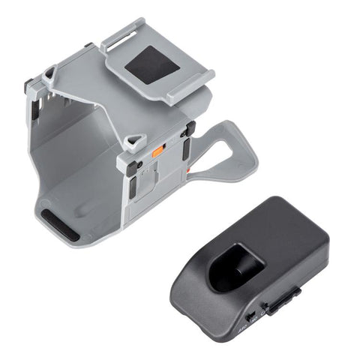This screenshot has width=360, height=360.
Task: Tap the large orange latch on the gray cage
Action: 158,151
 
